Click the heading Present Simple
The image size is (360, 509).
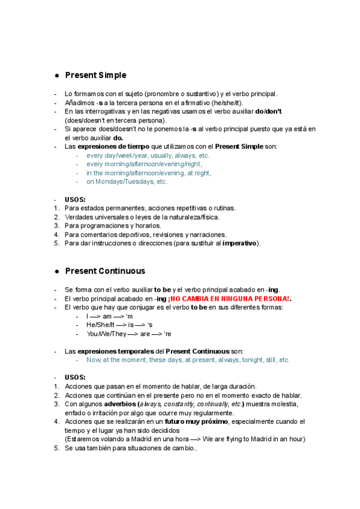click(95, 75)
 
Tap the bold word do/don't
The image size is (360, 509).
click(268, 112)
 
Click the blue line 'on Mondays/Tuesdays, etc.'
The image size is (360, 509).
click(127, 181)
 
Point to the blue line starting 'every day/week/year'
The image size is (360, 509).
click(148, 155)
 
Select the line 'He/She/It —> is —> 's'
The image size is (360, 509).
click(120, 325)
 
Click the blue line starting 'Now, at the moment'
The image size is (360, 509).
click(188, 360)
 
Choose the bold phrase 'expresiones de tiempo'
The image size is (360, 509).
click(112, 146)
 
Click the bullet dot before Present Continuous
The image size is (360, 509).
click(56, 271)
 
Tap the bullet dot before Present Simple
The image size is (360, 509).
click(56, 76)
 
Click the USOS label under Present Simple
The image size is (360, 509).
click(75, 199)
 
